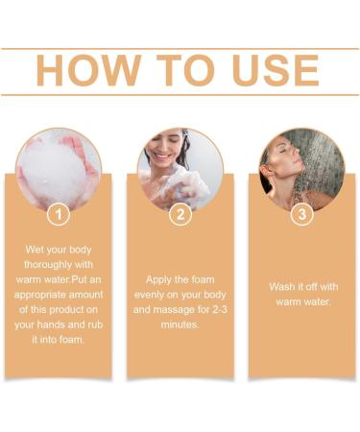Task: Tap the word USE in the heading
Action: pyautogui.click(x=270, y=71)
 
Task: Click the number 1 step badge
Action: pyautogui.click(x=59, y=214)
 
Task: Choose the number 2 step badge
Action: pyautogui.click(x=180, y=214)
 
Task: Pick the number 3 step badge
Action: pyautogui.click(x=301, y=214)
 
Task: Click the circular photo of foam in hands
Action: pyautogui.click(x=59, y=169)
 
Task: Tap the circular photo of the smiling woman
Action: pyautogui.click(x=180, y=169)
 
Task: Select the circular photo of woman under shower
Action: pyautogui.click(x=301, y=169)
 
